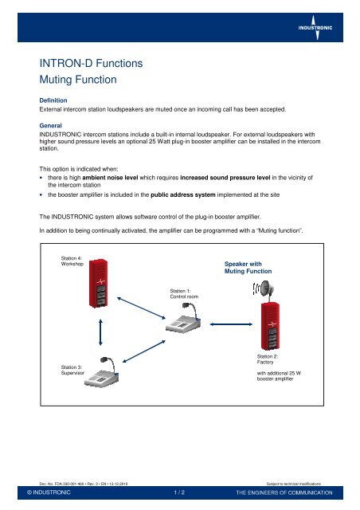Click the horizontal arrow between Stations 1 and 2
(x=229, y=324)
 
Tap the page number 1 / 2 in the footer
(x=180, y=493)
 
